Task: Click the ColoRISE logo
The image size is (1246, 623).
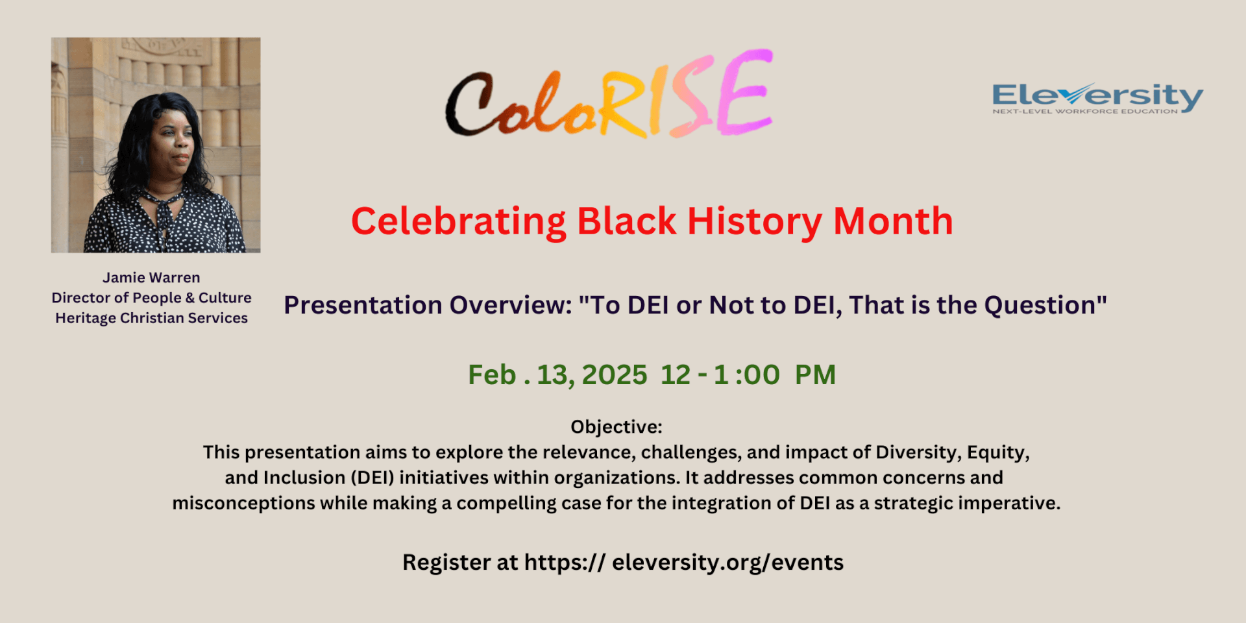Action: pyautogui.click(x=609, y=94)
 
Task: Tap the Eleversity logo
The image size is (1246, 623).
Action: pyautogui.click(x=1097, y=98)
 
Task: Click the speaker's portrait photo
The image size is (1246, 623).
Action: pyautogui.click(x=156, y=145)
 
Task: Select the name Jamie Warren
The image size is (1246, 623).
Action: pyautogui.click(x=151, y=278)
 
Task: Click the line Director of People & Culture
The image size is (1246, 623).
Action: pyautogui.click(x=151, y=298)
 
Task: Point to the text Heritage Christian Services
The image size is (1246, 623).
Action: pyautogui.click(x=151, y=318)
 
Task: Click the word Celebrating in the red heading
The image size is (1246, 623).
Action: pyautogui.click(x=459, y=223)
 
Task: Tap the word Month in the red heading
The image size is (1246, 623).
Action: pyautogui.click(x=893, y=221)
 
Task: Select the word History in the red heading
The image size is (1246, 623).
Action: pyautogui.click(x=755, y=223)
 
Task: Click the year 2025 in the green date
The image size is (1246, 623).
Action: pyautogui.click(x=615, y=375)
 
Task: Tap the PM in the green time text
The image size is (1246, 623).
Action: pyautogui.click(x=815, y=375)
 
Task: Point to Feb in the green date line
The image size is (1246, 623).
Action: pyautogui.click(x=492, y=375)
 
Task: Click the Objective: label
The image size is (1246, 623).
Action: pyautogui.click(x=617, y=427)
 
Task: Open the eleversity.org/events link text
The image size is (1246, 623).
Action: pyautogui.click(x=727, y=563)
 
